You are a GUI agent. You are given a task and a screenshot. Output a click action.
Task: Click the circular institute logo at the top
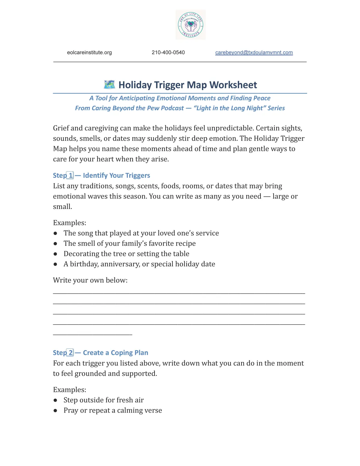pyautogui.click(x=191, y=25)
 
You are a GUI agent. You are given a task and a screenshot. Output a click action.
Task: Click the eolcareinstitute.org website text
pyautogui.click(x=89, y=53)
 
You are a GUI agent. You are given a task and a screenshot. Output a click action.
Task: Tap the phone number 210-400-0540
pyautogui.click(x=168, y=53)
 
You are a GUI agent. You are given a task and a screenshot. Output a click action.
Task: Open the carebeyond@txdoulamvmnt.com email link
pyautogui.click(x=254, y=53)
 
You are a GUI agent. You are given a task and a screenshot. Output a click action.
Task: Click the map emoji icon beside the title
pyautogui.click(x=109, y=85)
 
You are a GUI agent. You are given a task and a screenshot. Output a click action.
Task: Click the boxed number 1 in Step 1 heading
pyautogui.click(x=70, y=175)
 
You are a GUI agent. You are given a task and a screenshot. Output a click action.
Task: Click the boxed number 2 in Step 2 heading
pyautogui.click(x=70, y=353)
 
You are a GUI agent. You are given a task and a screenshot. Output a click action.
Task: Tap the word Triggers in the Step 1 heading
pyautogui.click(x=138, y=175)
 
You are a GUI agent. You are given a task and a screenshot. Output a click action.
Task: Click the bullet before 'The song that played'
pyautogui.click(x=55, y=233)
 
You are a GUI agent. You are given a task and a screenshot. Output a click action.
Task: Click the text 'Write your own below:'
pyautogui.click(x=90, y=280)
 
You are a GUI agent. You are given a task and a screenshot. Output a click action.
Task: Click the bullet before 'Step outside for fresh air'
pyautogui.click(x=55, y=400)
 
